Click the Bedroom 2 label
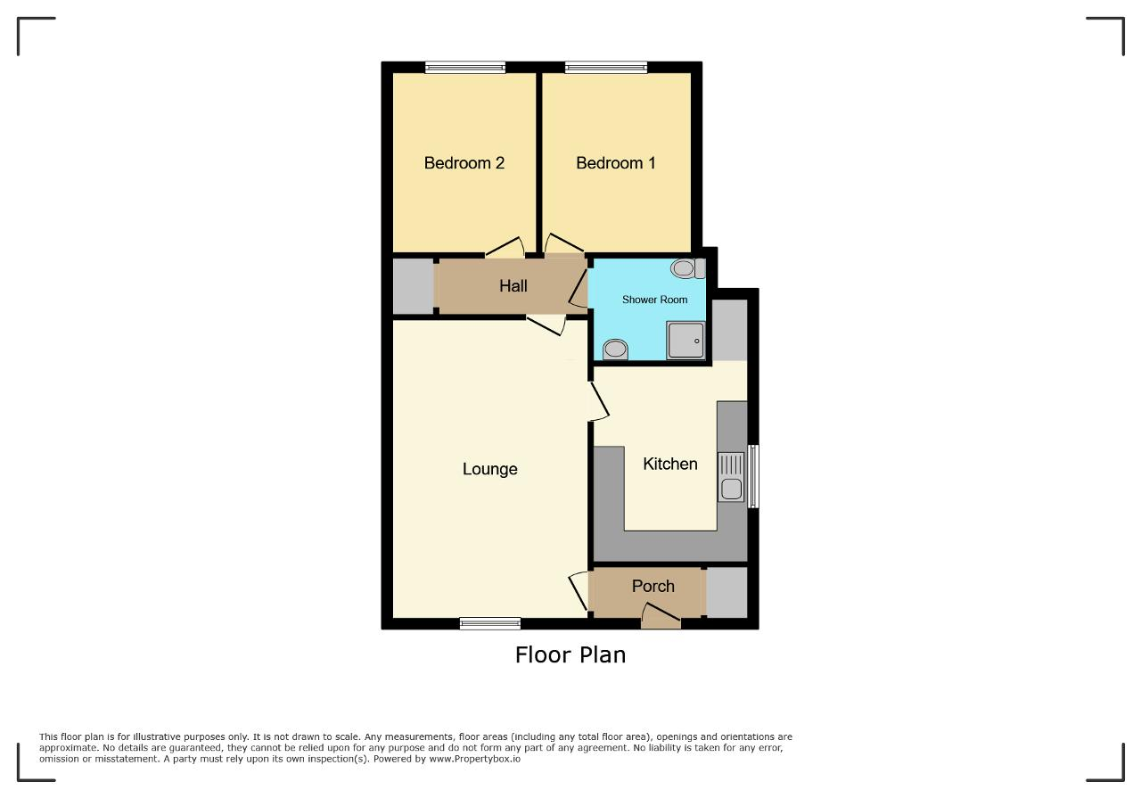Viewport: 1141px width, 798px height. pyautogui.click(x=464, y=163)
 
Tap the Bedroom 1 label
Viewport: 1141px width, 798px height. pyautogui.click(x=615, y=163)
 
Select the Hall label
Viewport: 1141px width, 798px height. pyautogui.click(x=513, y=286)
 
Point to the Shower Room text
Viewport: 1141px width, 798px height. pyautogui.click(x=654, y=300)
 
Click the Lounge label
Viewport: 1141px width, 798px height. pyautogui.click(x=489, y=469)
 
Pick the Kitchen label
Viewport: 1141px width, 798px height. pyautogui.click(x=669, y=464)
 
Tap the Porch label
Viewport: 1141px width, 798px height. pyautogui.click(x=653, y=586)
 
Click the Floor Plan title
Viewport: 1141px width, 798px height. pyautogui.click(x=570, y=654)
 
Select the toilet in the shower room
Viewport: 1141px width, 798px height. pyautogui.click(x=687, y=268)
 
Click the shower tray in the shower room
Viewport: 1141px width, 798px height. pyautogui.click(x=685, y=341)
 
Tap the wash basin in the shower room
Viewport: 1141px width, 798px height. pyautogui.click(x=615, y=350)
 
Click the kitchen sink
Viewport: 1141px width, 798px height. pyautogui.click(x=731, y=477)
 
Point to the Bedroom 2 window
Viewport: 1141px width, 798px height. pyautogui.click(x=465, y=67)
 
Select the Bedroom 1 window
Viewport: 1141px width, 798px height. pyautogui.click(x=606, y=67)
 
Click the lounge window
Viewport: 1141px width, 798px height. pyautogui.click(x=490, y=623)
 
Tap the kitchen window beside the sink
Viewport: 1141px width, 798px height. pyautogui.click(x=753, y=476)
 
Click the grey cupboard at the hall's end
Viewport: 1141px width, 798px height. pyautogui.click(x=413, y=286)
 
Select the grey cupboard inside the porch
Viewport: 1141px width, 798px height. pyautogui.click(x=726, y=593)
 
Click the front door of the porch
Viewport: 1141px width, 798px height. pyautogui.click(x=661, y=617)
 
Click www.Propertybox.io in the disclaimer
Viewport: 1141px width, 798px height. pyautogui.click(x=475, y=759)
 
